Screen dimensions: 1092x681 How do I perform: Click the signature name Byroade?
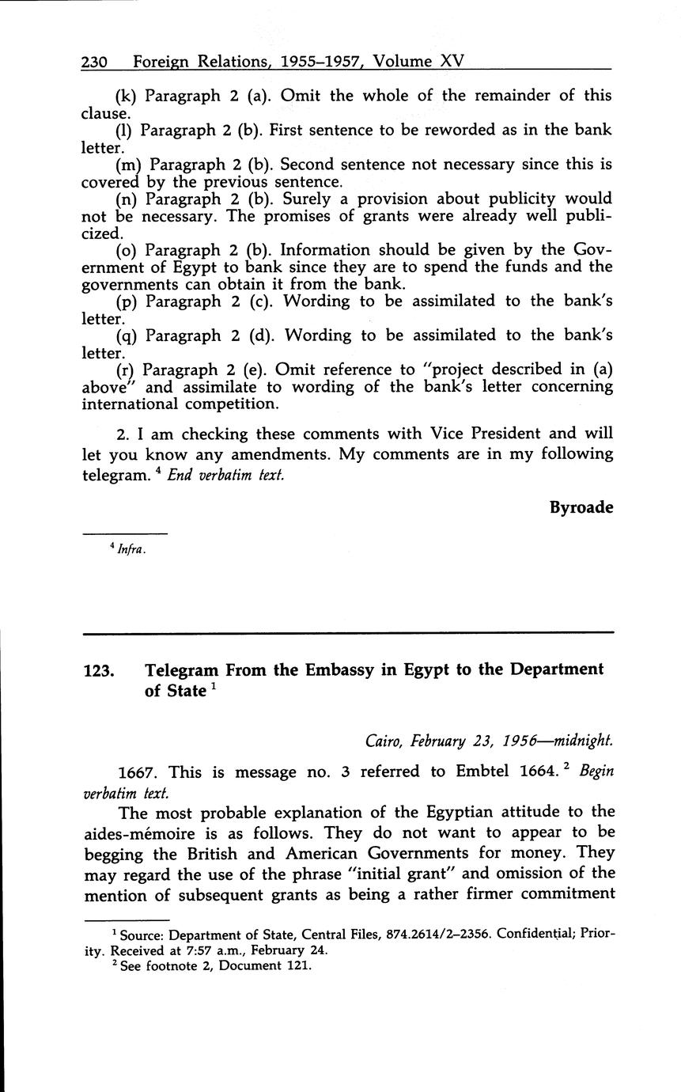[581, 508]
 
